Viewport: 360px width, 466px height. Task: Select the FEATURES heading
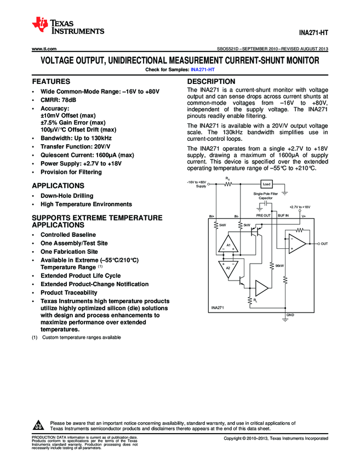(x=51, y=81)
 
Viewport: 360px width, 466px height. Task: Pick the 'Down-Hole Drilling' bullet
(x=67, y=196)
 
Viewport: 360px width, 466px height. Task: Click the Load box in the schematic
(x=267, y=184)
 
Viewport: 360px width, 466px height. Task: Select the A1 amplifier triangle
(x=229, y=245)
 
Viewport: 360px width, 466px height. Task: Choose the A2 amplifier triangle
(x=229, y=268)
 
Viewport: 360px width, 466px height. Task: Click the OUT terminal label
(x=324, y=243)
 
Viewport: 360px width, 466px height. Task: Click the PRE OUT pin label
(x=264, y=215)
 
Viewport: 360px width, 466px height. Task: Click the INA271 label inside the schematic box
(x=218, y=308)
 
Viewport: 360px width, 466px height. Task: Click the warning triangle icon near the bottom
(x=39, y=425)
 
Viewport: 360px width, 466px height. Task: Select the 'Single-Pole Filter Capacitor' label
(x=265, y=196)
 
